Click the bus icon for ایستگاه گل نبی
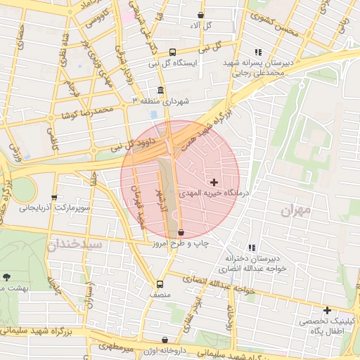(x=173, y=52)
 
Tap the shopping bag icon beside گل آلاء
(x=201, y=15)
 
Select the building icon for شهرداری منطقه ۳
(x=161, y=91)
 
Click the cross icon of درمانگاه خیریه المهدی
(x=214, y=182)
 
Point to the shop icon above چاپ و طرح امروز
(x=181, y=232)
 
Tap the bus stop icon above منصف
(x=160, y=285)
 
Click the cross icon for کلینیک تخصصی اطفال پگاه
(x=326, y=310)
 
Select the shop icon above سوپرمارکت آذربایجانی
(x=54, y=198)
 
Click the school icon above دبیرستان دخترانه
(x=252, y=247)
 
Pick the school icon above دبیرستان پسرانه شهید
(x=258, y=52)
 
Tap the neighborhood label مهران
(x=295, y=210)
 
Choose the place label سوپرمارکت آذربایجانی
(x=53, y=208)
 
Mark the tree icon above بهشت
(x=7, y=278)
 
